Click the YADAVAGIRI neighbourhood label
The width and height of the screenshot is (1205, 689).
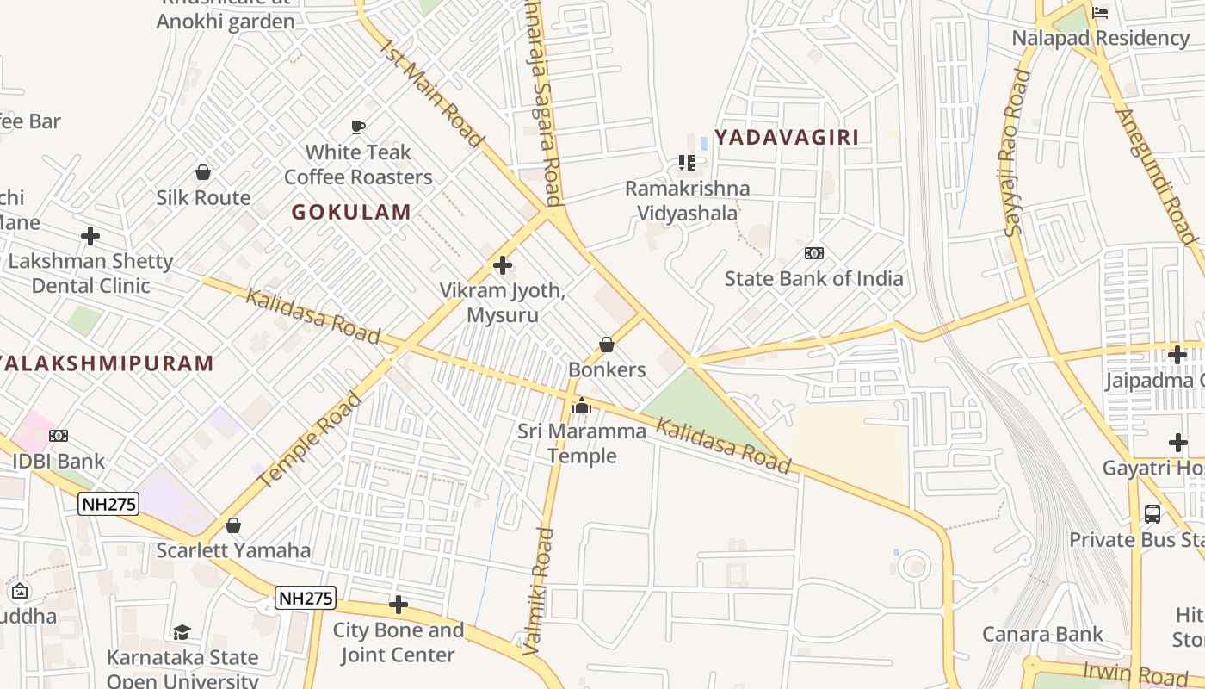(787, 137)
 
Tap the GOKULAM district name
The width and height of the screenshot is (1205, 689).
(351, 212)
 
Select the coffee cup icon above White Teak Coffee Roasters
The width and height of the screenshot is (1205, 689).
(359, 127)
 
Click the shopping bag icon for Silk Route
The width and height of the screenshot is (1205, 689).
(203, 173)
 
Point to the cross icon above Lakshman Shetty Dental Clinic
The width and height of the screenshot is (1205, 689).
(90, 236)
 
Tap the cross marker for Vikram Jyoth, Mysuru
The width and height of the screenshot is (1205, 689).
(503, 265)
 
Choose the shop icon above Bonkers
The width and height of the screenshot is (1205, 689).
(607, 345)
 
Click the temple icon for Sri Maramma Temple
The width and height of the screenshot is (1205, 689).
(582, 406)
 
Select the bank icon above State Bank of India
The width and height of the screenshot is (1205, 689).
(813, 253)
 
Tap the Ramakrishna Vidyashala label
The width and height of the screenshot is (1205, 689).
(687, 201)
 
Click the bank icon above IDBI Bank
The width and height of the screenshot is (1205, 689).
(59, 436)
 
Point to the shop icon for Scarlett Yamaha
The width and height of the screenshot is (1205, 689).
(233, 525)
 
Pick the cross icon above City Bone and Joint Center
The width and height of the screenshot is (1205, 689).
(398, 605)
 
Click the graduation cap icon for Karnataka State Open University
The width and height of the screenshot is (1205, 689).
(182, 633)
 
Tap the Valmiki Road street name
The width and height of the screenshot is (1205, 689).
(539, 591)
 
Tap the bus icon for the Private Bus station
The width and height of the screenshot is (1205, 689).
(1152, 515)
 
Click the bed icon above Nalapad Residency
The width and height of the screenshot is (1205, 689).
(1100, 13)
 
